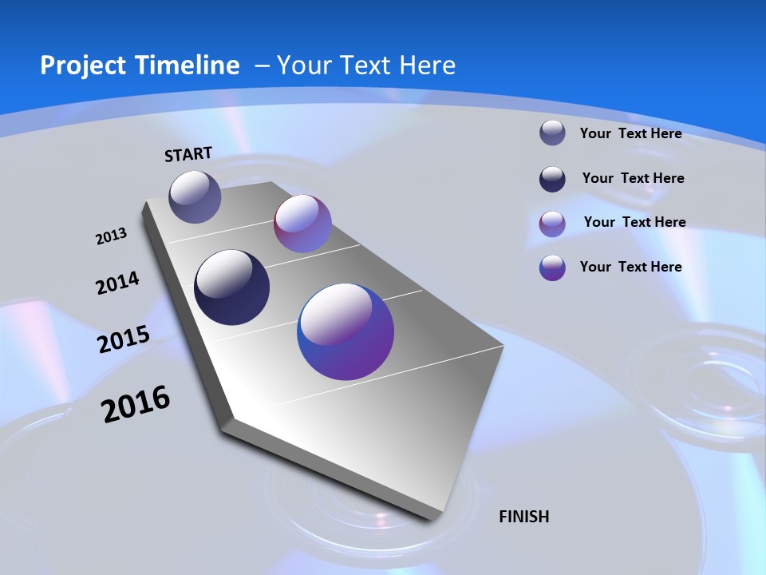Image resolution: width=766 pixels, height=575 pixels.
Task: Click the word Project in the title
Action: [83, 65]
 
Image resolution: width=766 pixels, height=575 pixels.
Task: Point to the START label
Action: [188, 154]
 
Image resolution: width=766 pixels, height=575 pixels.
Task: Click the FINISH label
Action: [524, 517]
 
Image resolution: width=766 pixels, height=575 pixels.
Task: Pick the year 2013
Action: [111, 236]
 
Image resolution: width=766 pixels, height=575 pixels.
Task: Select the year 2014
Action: [117, 284]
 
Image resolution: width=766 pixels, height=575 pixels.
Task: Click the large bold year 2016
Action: [136, 404]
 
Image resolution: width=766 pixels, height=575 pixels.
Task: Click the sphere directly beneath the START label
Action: [195, 196]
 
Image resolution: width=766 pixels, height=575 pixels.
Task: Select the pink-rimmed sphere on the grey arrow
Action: [302, 224]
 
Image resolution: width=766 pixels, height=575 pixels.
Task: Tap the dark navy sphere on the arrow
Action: [232, 287]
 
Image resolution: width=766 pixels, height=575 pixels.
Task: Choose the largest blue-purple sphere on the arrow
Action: [345, 331]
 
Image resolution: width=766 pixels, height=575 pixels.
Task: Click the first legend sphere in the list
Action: [552, 133]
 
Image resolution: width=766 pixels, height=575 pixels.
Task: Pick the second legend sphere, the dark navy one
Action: [552, 179]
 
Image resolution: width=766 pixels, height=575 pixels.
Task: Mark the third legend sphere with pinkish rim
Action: [552, 224]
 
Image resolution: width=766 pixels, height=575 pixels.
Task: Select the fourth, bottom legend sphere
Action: [552, 268]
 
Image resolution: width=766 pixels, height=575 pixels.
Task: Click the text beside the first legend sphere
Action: [630, 133]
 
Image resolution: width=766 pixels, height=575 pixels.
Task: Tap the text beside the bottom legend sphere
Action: [630, 267]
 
